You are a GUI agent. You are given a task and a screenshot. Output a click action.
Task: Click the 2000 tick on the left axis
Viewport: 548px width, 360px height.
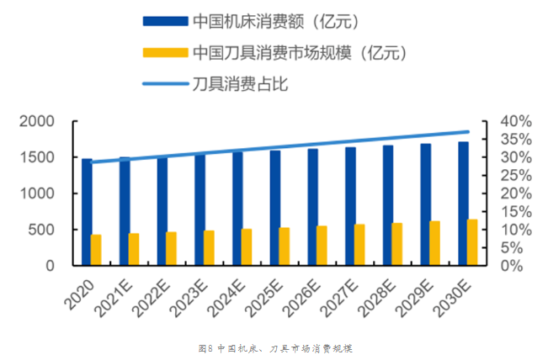point(37,122)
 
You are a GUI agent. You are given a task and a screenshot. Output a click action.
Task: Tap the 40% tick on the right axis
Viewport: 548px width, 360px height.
point(516,122)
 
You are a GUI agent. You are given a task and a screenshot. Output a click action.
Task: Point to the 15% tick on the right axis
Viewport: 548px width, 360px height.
point(516,212)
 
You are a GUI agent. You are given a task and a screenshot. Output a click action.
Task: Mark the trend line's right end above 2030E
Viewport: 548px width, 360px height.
point(468,131)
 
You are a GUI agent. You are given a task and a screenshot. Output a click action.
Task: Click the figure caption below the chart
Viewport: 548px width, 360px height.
point(274,348)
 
